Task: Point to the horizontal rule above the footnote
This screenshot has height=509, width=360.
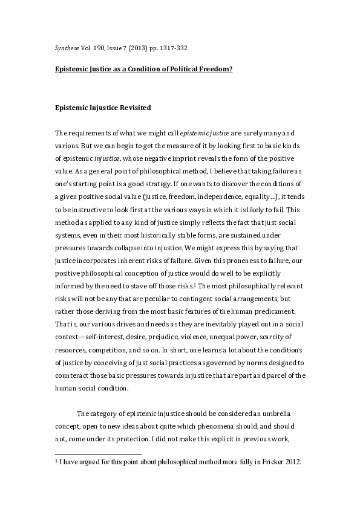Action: point(98,453)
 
